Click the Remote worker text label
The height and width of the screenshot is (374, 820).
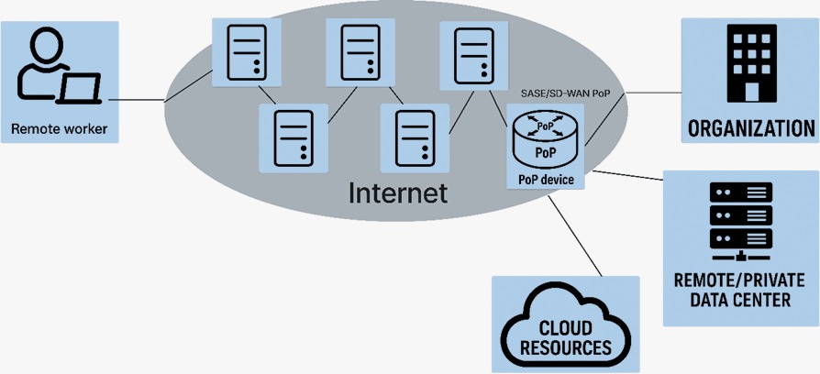point(59,129)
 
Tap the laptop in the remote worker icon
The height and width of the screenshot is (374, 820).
point(80,89)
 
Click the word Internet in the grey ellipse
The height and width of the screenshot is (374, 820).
point(398,192)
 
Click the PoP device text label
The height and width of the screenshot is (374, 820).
point(546,180)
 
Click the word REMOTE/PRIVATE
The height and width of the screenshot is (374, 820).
point(740,280)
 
